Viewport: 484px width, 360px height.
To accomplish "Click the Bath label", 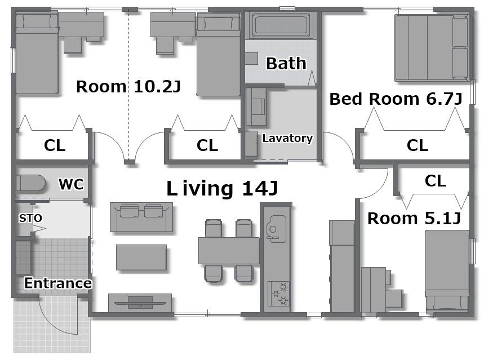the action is [x=286, y=64].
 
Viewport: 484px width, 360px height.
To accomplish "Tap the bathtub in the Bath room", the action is [x=281, y=25].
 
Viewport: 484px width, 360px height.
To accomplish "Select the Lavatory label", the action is [x=287, y=138].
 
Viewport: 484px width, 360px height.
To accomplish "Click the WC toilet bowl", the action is [x=30, y=184].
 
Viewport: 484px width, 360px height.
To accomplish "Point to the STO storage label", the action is [x=30, y=218].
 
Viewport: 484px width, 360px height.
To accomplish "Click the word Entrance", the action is [x=58, y=283].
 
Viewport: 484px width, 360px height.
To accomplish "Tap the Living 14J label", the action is [x=222, y=188].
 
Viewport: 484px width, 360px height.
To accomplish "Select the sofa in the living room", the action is [x=141, y=217].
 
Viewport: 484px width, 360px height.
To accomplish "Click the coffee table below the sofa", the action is [x=141, y=257].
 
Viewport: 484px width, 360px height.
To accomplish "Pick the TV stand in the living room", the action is [x=140, y=303].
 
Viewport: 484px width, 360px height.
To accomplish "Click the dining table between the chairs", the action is [x=229, y=250].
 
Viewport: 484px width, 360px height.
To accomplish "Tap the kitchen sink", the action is [x=277, y=229].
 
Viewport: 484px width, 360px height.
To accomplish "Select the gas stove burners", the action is [x=279, y=294].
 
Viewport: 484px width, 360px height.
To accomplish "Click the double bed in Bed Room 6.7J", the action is [x=432, y=48].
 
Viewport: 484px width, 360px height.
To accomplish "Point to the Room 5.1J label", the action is [x=414, y=218].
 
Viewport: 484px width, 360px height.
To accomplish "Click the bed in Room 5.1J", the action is [x=447, y=270].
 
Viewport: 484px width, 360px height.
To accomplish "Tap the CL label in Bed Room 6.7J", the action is [x=418, y=145].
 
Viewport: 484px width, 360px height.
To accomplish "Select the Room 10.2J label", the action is [x=128, y=86].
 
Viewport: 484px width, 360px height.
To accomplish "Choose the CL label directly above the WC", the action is [x=55, y=145].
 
